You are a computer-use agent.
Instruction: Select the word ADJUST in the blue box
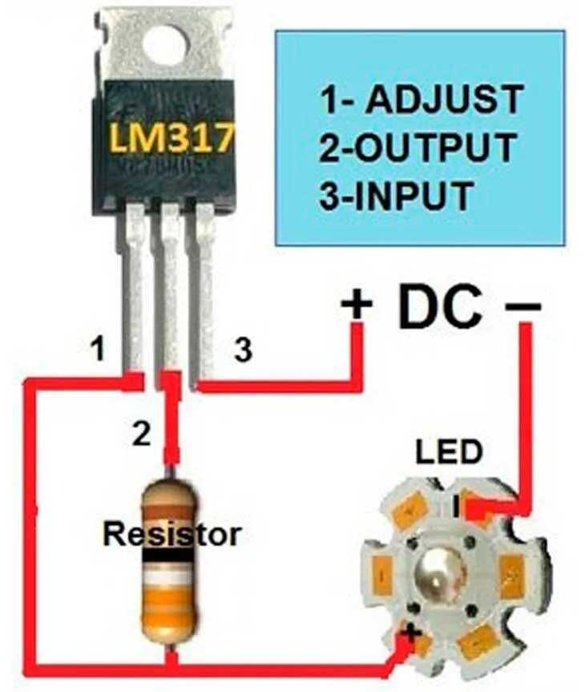tap(443, 101)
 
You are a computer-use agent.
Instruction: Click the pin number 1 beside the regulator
tap(98, 350)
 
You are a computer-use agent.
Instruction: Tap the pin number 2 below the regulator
tap(141, 435)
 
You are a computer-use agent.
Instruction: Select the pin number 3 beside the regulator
tap(243, 350)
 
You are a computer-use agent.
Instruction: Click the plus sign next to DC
tap(357, 305)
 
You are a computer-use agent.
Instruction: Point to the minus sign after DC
tap(524, 306)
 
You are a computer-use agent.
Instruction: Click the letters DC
tap(441, 305)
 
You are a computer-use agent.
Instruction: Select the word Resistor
tap(171, 533)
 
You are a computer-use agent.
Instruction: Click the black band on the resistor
tap(168, 554)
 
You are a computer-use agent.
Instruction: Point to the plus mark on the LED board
tap(413, 633)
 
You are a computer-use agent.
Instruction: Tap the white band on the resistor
tap(168, 577)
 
